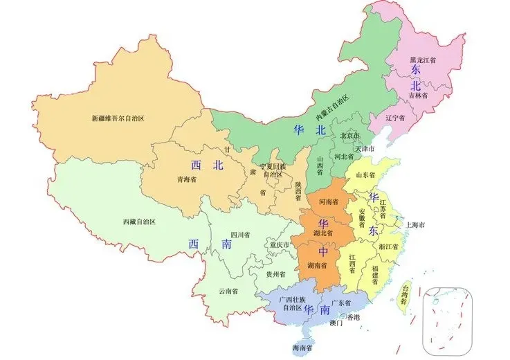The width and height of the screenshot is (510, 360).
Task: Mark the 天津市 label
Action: coord(364,149)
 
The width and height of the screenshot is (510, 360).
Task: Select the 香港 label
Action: coord(353,316)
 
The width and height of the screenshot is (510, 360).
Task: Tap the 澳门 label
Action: coord(336,323)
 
